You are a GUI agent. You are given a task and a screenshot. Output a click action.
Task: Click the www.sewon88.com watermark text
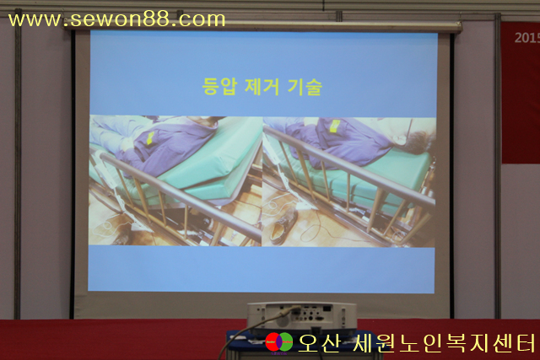[x=116, y=19]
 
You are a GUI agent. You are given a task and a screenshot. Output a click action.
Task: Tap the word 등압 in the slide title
[x=219, y=86]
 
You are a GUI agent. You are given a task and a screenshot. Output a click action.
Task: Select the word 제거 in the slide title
[x=262, y=86]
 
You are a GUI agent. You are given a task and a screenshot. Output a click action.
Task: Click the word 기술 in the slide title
[x=305, y=87]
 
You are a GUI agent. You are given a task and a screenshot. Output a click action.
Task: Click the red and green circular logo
[x=279, y=341]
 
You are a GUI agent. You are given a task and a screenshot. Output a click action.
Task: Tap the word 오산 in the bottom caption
[x=319, y=343]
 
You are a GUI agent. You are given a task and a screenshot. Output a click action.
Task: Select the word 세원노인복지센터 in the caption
[x=444, y=343]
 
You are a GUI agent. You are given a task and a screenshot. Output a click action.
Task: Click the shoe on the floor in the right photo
[x=283, y=226]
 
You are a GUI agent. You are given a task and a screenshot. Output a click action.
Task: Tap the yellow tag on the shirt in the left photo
[x=150, y=138]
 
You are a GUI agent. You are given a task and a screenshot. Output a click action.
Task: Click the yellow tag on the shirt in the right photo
[x=334, y=126]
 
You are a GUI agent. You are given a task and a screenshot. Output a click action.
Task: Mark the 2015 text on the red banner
[x=526, y=37]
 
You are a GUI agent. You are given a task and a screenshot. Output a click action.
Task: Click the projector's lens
[x=283, y=320]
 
